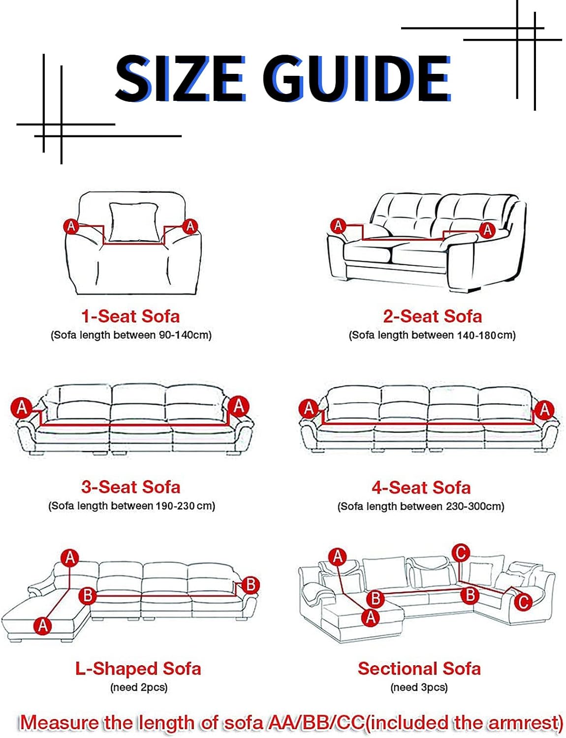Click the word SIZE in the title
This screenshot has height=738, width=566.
coord(181,78)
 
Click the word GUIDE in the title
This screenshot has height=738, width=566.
coord(356,78)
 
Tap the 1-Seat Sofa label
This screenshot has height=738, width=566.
coord(130,316)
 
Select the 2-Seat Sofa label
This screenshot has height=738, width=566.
coord(432,316)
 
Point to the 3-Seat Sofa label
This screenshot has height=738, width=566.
coord(131,487)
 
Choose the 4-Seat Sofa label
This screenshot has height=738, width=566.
coord(421,488)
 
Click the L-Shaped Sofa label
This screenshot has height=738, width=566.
coord(138,669)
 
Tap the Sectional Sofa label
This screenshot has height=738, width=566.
coord(419,668)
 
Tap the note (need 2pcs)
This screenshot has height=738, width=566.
coord(139,688)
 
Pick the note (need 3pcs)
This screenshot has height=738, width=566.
coord(419,687)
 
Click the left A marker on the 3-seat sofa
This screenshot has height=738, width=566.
coord(21,407)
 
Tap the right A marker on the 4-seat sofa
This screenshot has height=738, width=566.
coord(544,409)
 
